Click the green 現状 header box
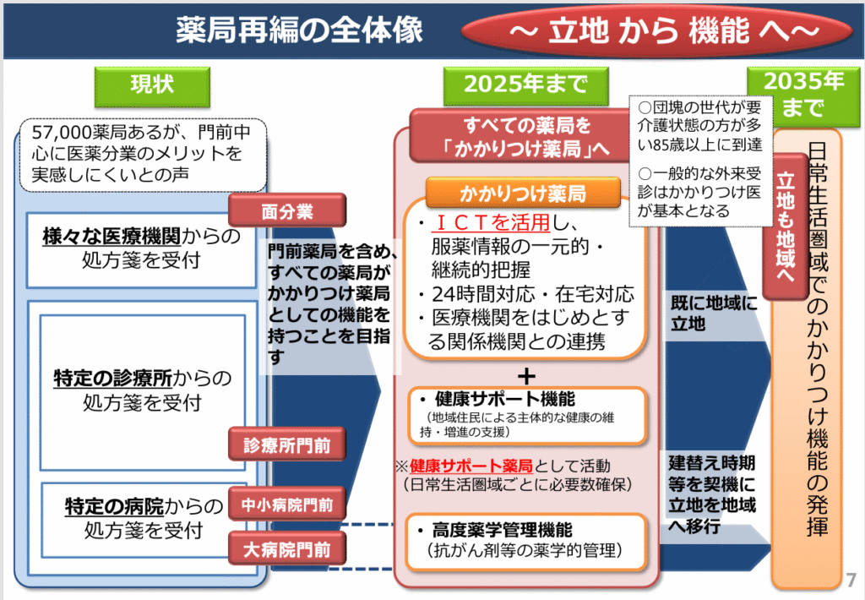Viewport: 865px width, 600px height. [x=152, y=86]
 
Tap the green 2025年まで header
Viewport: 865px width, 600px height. [x=525, y=85]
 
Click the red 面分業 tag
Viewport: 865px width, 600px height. [x=287, y=210]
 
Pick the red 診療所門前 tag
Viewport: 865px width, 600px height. [x=287, y=445]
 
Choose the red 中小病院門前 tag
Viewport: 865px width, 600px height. [x=287, y=504]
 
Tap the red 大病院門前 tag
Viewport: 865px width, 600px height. [x=287, y=548]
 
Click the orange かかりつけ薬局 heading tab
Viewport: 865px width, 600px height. [x=523, y=194]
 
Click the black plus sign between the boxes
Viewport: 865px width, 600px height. [x=527, y=376]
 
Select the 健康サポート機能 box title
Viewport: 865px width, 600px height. [x=505, y=399]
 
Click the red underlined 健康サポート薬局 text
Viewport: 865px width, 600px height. [x=471, y=466]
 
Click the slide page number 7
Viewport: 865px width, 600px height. [x=851, y=580]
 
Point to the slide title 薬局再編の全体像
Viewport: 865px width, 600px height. [x=300, y=30]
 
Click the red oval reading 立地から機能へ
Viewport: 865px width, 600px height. [x=657, y=31]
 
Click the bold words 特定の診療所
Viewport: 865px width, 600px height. [x=113, y=379]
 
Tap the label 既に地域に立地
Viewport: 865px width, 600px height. [x=714, y=313]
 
